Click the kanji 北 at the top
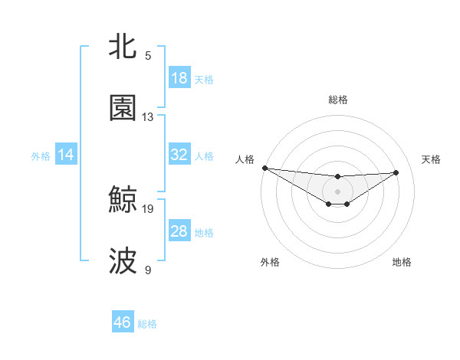tap(123, 46)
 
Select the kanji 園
tap(123, 108)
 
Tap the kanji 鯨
tap(123, 199)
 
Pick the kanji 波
tap(123, 261)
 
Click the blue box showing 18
tap(179, 78)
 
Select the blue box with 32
tap(179, 155)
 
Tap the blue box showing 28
tap(179, 231)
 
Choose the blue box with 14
tap(66, 155)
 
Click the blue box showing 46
tap(123, 322)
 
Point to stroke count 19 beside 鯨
tap(149, 208)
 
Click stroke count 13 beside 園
tap(149, 117)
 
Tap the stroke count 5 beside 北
tap(149, 55)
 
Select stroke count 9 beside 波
tap(149, 270)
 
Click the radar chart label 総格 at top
tap(338, 100)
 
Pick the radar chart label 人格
tap(245, 159)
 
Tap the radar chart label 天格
tap(432, 159)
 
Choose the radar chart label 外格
tap(270, 262)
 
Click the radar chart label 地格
tap(402, 262)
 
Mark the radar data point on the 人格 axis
tap(264, 168)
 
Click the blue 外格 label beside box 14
tap(41, 155)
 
